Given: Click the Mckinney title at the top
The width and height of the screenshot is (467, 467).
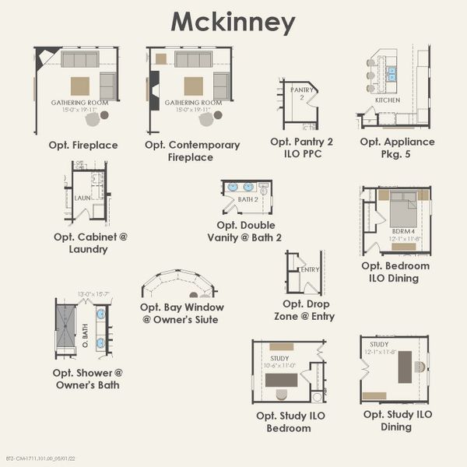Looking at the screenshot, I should [x=233, y=22].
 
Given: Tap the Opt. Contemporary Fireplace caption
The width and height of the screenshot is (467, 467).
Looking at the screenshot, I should [x=191, y=151].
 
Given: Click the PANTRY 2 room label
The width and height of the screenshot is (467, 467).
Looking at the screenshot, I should [x=301, y=94].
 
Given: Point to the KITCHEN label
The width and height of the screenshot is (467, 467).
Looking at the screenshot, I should [x=388, y=100].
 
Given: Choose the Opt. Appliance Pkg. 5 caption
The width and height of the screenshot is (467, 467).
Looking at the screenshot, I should [x=397, y=148].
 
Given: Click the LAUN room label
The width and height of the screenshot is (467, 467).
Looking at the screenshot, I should [x=83, y=198].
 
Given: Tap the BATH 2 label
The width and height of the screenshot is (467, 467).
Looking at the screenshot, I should [x=248, y=199].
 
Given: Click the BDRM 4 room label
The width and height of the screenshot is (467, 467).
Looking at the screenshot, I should [x=402, y=231].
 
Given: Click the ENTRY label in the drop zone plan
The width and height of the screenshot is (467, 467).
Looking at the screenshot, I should [x=310, y=269].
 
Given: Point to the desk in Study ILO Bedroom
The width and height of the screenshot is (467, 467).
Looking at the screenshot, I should [x=280, y=380].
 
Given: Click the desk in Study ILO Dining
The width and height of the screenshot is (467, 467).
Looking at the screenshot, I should [x=405, y=367].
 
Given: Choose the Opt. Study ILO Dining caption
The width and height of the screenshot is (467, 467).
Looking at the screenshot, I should [x=397, y=420].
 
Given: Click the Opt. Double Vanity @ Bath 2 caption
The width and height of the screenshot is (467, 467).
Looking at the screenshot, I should [x=244, y=231].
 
